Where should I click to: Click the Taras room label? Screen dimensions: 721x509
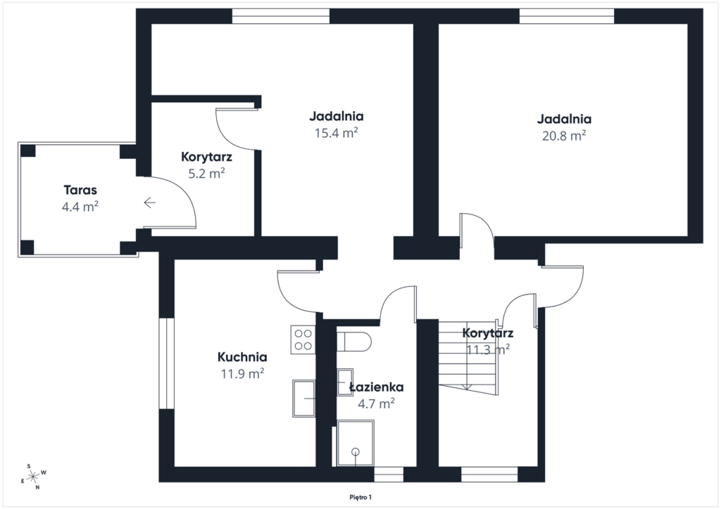pyautogui.click(x=80, y=190)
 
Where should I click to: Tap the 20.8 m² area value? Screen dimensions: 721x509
pyautogui.click(x=564, y=136)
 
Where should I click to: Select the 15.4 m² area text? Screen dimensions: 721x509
pyautogui.click(x=336, y=133)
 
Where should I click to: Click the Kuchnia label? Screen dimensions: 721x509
pyautogui.click(x=242, y=356)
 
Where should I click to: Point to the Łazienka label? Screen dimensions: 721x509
pyautogui.click(x=377, y=387)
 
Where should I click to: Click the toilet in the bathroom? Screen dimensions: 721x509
pyautogui.click(x=353, y=342)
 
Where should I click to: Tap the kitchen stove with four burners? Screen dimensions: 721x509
pyautogui.click(x=303, y=340)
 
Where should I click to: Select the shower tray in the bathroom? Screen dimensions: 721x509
pyautogui.click(x=356, y=443)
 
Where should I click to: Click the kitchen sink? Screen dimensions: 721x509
pyautogui.click(x=304, y=399)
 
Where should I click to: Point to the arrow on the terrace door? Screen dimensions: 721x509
pyautogui.click(x=149, y=202)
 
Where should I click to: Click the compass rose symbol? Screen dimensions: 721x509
pyautogui.click(x=34, y=477)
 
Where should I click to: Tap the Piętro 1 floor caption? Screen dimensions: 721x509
pyautogui.click(x=360, y=497)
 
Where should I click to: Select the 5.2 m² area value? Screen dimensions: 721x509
pyautogui.click(x=206, y=174)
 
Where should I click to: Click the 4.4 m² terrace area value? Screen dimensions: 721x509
pyautogui.click(x=80, y=207)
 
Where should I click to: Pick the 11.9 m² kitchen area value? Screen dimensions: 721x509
pyautogui.click(x=242, y=373)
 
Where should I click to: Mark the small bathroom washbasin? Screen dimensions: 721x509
pyautogui.click(x=344, y=382)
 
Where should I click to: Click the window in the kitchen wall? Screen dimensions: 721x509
pyautogui.click(x=166, y=363)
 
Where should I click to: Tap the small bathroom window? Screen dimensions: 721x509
pyautogui.click(x=389, y=475)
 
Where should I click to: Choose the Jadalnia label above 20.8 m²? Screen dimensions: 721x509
pyautogui.click(x=564, y=119)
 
